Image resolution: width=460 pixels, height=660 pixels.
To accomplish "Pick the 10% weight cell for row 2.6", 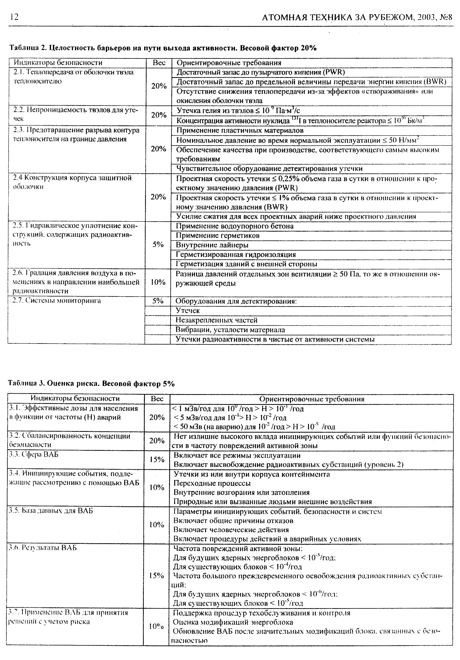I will (x=158, y=282).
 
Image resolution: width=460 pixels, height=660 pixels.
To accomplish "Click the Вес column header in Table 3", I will (x=157, y=399).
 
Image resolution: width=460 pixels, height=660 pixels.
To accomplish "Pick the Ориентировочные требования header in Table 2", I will (x=229, y=63).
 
